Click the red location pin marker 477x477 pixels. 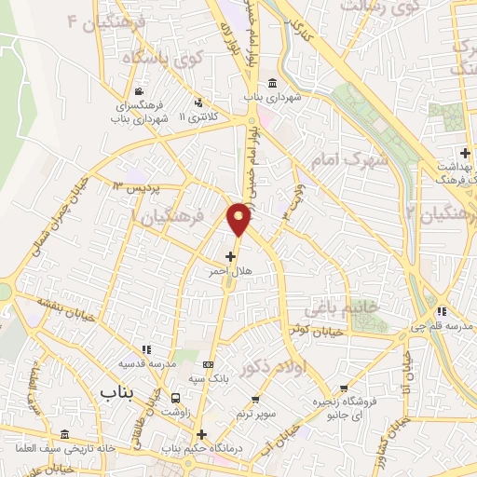click(x=239, y=220)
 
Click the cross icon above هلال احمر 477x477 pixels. click(x=230, y=254)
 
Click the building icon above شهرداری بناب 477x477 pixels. click(x=270, y=81)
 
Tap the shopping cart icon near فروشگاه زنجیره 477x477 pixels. click(x=345, y=388)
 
